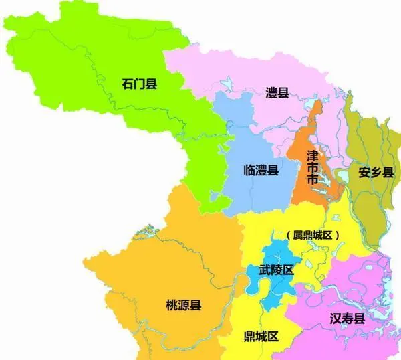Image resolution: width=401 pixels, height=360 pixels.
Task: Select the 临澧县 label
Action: coord(261,171)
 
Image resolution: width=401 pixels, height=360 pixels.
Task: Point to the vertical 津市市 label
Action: coord(311,168)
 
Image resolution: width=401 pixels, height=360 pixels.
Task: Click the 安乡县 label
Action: coord(373,171)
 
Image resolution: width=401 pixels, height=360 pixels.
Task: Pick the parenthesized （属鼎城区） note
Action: coord(313,235)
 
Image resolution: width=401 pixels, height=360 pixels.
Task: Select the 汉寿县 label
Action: coord(347,319)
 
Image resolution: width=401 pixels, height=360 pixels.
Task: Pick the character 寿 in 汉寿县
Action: coord(347,319)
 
